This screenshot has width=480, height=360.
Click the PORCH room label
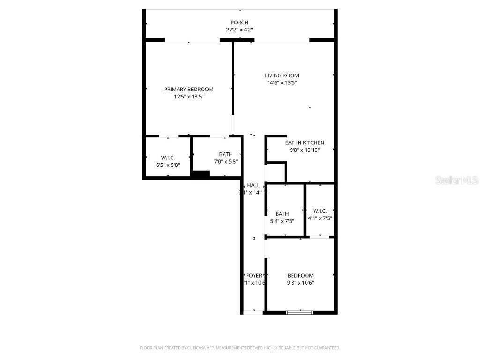[239, 22]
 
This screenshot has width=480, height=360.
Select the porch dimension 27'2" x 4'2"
[239, 30]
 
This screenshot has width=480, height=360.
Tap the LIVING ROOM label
[282, 75]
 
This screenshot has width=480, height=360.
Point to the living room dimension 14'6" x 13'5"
[282, 83]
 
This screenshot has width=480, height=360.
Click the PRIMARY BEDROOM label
[188, 90]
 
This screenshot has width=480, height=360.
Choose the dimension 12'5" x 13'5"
[188, 97]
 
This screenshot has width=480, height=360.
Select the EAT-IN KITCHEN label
[305, 143]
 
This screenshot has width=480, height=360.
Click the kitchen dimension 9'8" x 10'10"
[305, 150]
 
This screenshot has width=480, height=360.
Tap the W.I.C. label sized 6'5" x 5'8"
[167, 158]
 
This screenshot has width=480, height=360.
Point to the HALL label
[254, 186]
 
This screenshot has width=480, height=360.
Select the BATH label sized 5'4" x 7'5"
[282, 214]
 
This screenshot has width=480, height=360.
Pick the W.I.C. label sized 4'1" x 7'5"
[320, 211]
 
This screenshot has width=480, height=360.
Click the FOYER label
[254, 276]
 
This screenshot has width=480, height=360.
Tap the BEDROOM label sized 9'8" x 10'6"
[300, 276]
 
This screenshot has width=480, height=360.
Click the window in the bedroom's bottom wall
[300, 312]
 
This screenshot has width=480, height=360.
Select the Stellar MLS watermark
[456, 180]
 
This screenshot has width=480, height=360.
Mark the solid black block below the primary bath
[200, 174]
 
